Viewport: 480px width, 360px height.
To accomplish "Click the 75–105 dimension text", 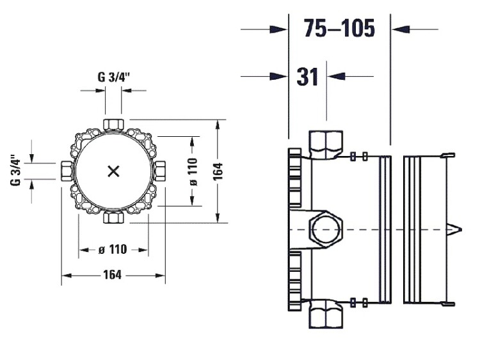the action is (x=339, y=28).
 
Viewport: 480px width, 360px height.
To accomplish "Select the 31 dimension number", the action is (x=307, y=77).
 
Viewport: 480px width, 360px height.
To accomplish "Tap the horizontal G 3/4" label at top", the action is (x=114, y=77).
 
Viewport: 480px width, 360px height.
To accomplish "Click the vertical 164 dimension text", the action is (x=218, y=171).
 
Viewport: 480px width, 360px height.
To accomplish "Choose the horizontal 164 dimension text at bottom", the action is (x=113, y=275).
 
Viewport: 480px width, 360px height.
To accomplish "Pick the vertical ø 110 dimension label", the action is (x=193, y=171).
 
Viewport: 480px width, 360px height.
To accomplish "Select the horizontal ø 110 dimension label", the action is (x=113, y=249).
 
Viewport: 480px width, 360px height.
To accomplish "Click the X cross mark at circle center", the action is (x=113, y=171).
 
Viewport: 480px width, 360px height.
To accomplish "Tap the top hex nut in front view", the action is (x=113, y=125).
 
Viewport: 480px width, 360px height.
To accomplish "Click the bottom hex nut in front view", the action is (x=113, y=217).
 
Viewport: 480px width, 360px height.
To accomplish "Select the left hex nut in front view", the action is (x=67, y=171).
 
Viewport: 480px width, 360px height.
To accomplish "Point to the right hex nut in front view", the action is (x=160, y=171).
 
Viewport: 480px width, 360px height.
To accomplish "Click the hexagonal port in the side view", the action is (x=326, y=229).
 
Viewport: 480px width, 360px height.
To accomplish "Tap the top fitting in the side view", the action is (x=326, y=145).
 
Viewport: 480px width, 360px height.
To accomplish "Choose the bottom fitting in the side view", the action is (x=326, y=314).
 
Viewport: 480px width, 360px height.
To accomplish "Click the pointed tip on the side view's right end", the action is (x=461, y=230).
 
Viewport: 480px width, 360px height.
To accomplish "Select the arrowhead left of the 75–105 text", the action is (x=278, y=29).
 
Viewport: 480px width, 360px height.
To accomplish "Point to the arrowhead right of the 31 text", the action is (x=336, y=76).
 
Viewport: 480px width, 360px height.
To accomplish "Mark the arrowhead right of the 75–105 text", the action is (x=401, y=29).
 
